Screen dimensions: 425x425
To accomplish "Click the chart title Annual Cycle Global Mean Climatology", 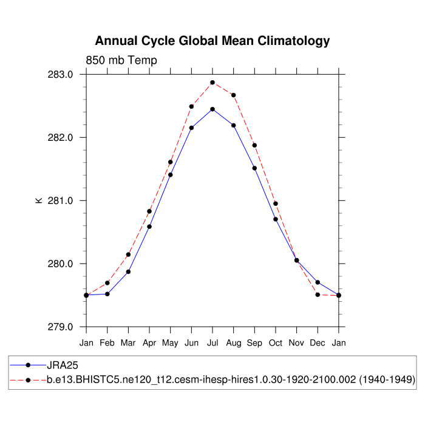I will pyautogui.click(x=212, y=41).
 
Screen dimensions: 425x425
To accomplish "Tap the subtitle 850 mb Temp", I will pyautogui.click(x=121, y=60).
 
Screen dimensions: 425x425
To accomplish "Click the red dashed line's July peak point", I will pyautogui.click(x=212, y=83).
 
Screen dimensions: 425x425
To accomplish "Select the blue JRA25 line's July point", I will pyautogui.click(x=212, y=109).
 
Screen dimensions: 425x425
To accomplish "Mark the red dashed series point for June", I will pyautogui.click(x=191, y=106).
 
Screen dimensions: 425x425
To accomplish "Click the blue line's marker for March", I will pyautogui.click(x=128, y=271).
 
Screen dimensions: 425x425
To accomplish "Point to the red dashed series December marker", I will pyautogui.click(x=318, y=294).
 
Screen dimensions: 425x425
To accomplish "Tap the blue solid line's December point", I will pyautogui.click(x=318, y=282).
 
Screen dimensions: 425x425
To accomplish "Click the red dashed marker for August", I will pyautogui.click(x=234, y=95).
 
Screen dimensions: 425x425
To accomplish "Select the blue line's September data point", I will pyautogui.click(x=254, y=168).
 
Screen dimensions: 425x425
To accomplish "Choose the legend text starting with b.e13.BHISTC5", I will pyautogui.click(x=231, y=379).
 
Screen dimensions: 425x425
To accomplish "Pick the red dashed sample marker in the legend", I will pyautogui.click(x=28, y=379).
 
